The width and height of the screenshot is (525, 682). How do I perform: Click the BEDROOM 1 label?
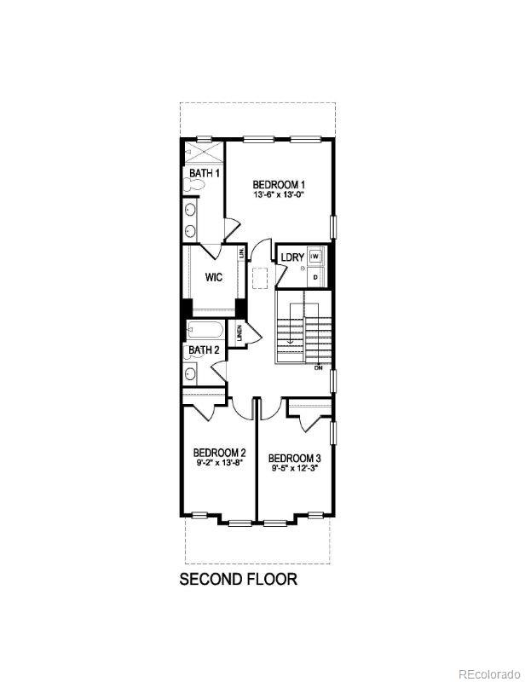(279, 184)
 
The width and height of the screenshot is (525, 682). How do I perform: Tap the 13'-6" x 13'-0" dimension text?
(279, 195)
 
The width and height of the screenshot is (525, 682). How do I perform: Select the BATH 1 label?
(205, 173)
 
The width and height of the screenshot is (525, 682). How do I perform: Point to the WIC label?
(214, 277)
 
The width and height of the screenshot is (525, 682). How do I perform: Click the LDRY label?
(292, 257)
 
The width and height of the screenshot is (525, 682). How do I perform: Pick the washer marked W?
(315, 256)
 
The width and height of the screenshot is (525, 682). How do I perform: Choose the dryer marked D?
(315, 277)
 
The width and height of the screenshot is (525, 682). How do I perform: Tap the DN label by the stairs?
(318, 367)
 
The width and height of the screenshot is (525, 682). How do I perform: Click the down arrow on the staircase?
(290, 338)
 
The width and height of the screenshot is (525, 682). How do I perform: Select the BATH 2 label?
(205, 350)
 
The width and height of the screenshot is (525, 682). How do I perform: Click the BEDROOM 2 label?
(219, 453)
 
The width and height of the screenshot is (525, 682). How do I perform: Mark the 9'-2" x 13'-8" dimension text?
(219, 463)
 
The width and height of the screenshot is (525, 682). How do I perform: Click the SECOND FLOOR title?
(238, 580)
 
